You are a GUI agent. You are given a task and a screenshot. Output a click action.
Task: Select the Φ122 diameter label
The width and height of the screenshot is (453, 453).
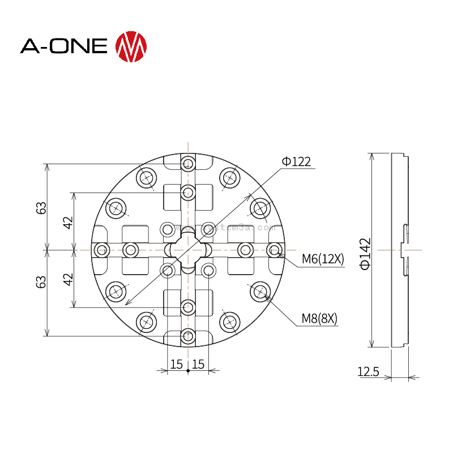296,162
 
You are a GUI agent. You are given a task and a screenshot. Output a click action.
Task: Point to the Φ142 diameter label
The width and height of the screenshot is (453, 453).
365,254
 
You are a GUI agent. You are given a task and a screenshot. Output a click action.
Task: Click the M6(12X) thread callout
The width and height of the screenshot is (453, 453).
322,259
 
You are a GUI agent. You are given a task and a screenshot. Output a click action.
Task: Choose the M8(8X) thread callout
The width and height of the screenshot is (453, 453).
319,319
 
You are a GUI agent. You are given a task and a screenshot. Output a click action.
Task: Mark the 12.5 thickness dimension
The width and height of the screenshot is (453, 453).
368,371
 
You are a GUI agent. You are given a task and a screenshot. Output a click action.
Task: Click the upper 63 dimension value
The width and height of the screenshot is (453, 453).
41,207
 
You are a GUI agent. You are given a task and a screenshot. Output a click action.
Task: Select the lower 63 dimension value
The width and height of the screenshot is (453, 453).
41,281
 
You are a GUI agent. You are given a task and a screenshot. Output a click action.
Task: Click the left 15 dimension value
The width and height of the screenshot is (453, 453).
177,364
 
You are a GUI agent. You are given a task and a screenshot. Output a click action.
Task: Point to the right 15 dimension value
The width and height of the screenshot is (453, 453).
198,364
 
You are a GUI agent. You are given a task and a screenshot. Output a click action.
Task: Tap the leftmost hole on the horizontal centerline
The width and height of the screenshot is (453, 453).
102,250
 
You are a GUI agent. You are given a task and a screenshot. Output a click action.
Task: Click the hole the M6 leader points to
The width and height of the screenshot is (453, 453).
275,250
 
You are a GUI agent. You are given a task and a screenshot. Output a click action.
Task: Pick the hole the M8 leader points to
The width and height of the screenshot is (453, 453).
260,292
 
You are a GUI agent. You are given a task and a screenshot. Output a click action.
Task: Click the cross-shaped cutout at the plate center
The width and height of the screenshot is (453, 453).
188,250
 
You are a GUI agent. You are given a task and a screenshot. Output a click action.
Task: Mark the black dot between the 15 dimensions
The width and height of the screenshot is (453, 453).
188,371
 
